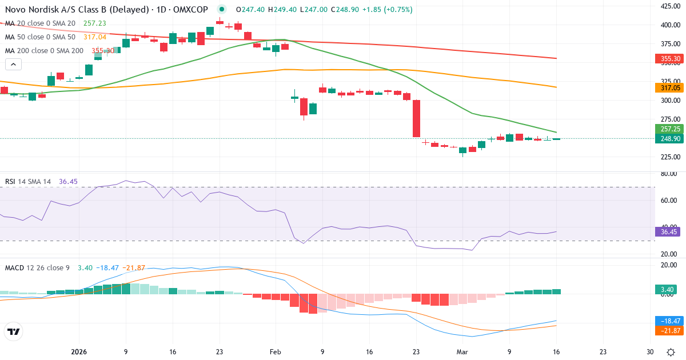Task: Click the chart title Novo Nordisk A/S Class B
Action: point(63,10)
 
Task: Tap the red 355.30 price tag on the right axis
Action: point(667,59)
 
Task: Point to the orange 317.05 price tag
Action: point(667,88)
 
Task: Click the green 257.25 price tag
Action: point(667,129)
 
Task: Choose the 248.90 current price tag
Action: point(667,139)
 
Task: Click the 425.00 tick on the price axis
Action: point(669,6)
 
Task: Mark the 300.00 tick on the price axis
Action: point(669,101)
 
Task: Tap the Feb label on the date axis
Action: point(276,352)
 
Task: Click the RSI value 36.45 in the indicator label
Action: point(68,182)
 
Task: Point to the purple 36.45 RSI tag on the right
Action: point(667,232)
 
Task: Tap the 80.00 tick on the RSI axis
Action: point(669,174)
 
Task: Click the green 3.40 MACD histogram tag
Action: point(667,290)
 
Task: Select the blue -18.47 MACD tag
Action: point(667,321)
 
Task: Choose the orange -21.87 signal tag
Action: point(667,331)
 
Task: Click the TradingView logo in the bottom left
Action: point(14,331)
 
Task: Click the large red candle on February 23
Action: point(416,119)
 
